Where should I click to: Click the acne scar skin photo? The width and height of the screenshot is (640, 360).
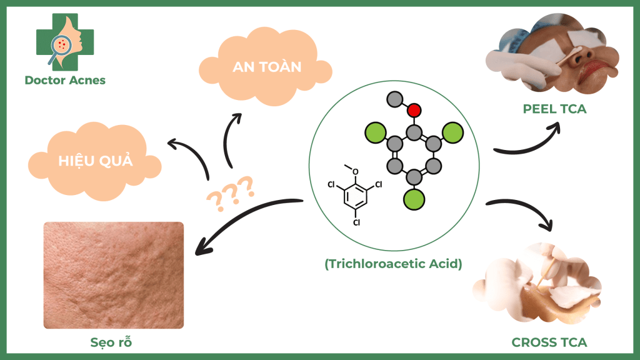pos(113,275)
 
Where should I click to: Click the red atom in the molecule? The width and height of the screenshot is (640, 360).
pos(413,111)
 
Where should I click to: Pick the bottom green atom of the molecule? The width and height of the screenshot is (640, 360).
pos(413,199)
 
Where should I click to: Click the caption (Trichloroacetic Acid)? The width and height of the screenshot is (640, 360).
pos(393,263)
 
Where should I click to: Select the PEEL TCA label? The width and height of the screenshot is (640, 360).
pos(554,109)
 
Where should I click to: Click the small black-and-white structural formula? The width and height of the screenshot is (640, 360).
pos(354,194)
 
